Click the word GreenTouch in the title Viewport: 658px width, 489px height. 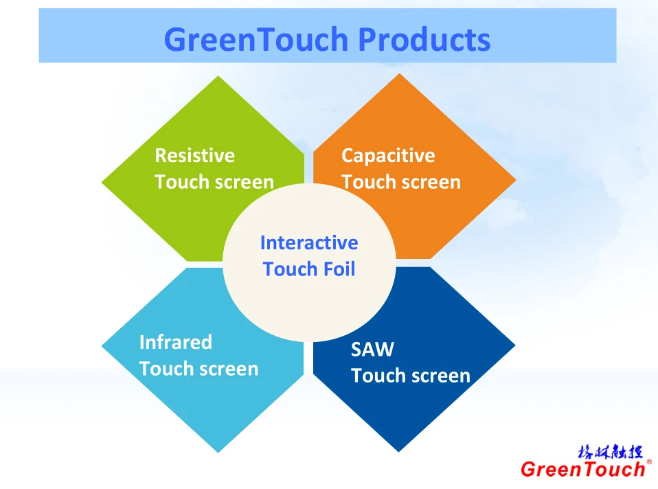point(256,39)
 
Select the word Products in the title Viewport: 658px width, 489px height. point(424,39)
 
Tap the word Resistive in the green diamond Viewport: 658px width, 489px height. point(194,155)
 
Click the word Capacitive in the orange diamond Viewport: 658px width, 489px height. point(388,156)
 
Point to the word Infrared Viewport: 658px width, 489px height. point(176,342)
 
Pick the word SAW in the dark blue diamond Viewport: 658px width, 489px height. point(373,349)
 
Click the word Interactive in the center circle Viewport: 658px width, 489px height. point(309,242)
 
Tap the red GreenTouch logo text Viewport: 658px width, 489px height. point(583,469)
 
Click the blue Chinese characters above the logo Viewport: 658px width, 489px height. point(610,452)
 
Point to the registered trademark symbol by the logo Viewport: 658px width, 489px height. point(649,462)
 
